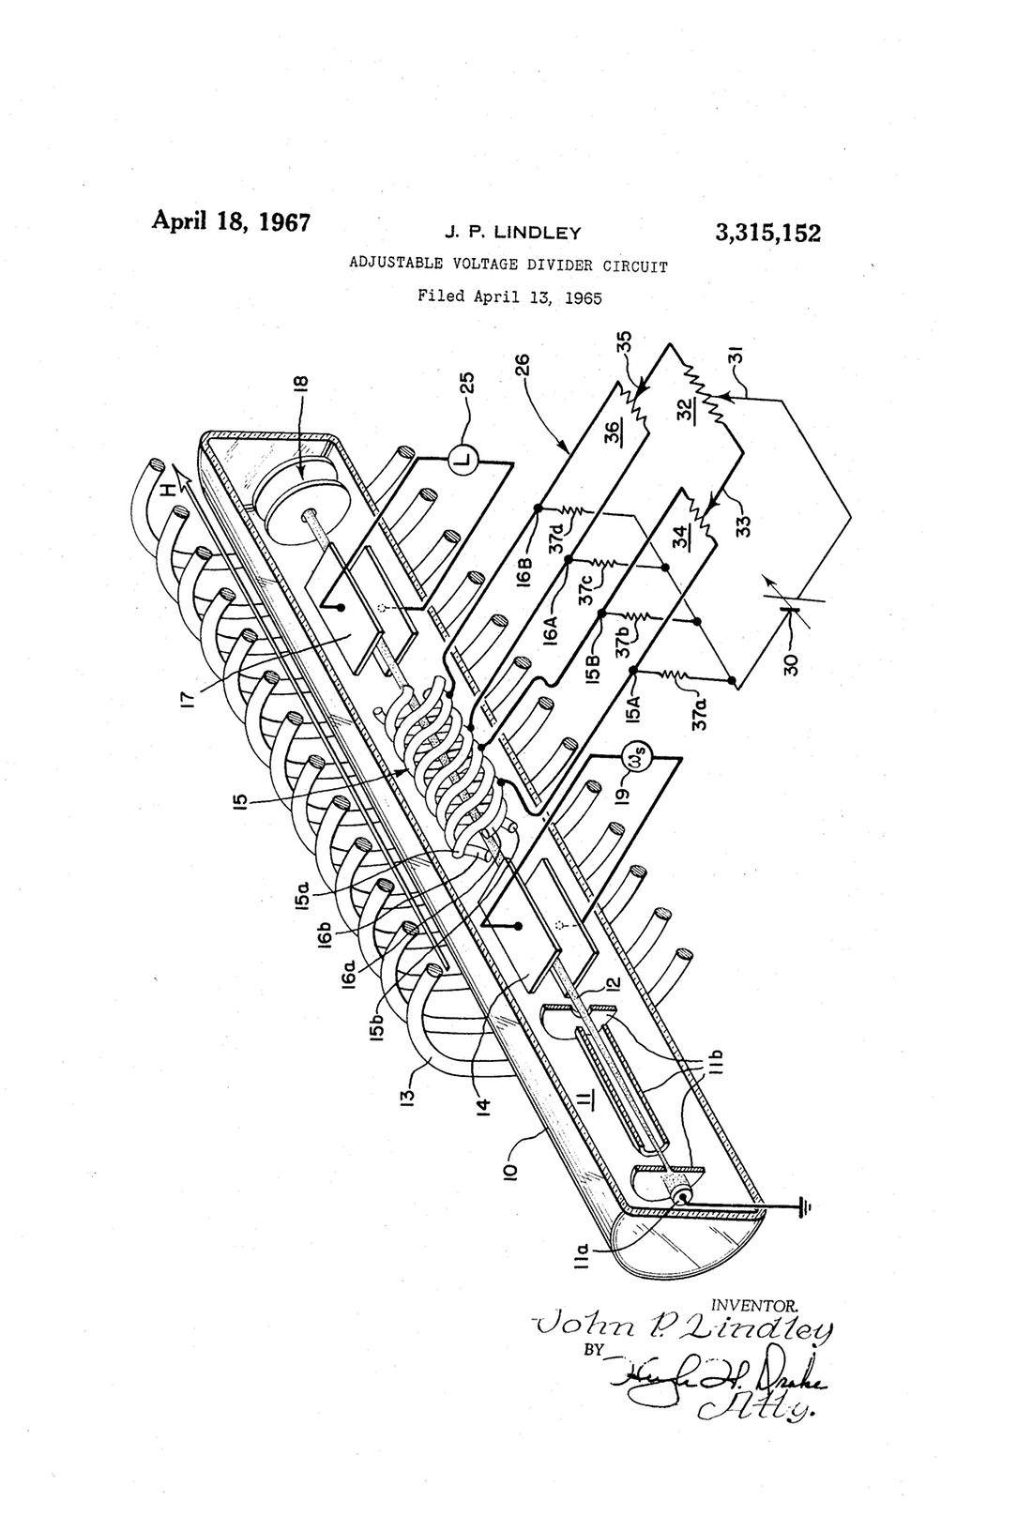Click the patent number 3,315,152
pyautogui.click(x=766, y=232)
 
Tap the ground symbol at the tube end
pyautogui.click(x=801, y=1208)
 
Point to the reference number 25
pyautogui.click(x=466, y=383)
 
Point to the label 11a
pyautogui.click(x=582, y=1251)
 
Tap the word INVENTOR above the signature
pyautogui.click(x=755, y=1305)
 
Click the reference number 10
pyautogui.click(x=518, y=1169)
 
